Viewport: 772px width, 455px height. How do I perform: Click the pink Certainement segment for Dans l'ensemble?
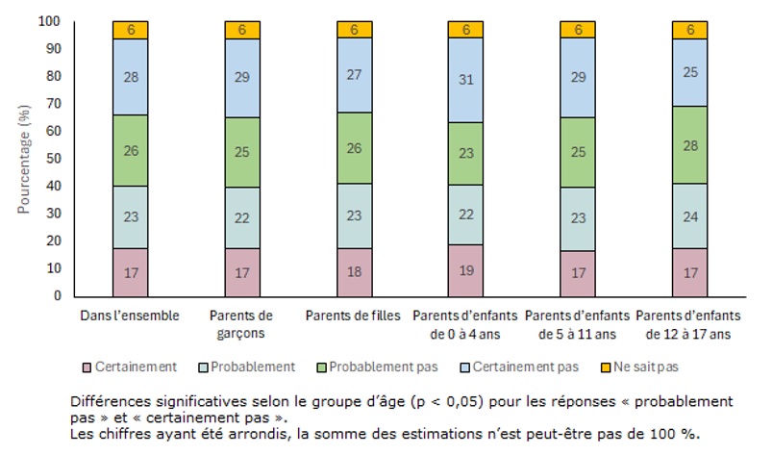pos(130,272)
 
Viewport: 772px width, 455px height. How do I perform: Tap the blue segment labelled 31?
pos(466,80)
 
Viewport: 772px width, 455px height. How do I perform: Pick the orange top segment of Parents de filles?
pos(355,30)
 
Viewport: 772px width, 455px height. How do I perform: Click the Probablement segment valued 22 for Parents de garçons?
pos(242,217)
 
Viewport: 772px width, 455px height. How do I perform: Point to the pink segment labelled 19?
pos(466,270)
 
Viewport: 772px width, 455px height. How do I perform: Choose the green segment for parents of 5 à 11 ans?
pos(579,153)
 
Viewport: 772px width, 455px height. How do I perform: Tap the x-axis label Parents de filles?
pos(355,316)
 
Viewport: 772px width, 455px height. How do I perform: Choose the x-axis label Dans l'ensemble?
pos(130,316)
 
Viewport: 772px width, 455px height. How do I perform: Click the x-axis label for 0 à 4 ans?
pos(466,323)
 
